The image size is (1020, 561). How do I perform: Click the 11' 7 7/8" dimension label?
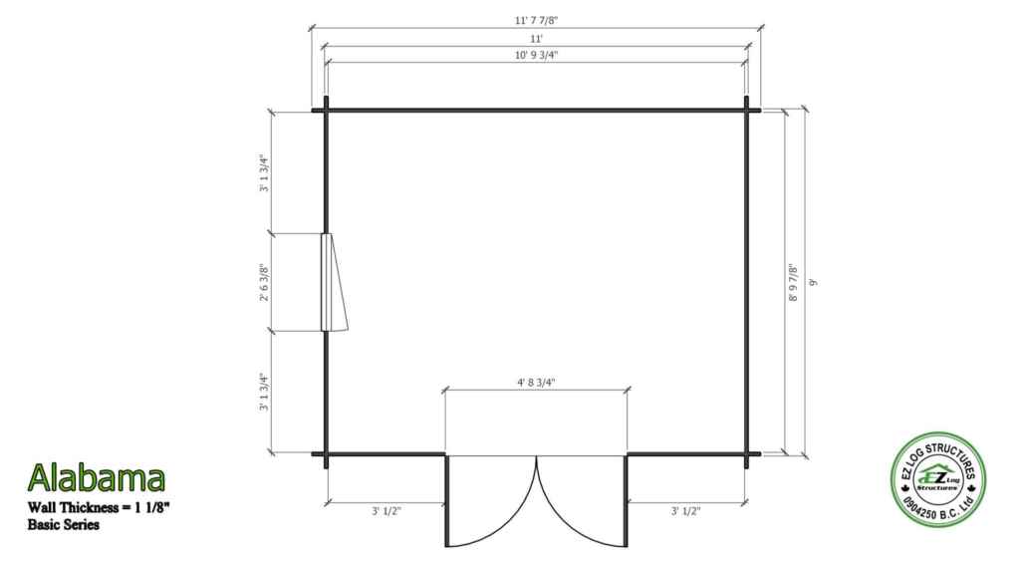pos(536,20)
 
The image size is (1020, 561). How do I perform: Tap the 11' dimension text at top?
pos(536,39)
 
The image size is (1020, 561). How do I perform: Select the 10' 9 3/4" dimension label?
pos(536,55)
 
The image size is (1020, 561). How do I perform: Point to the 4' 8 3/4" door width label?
pos(536,382)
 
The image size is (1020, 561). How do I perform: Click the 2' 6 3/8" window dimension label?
pos(264,282)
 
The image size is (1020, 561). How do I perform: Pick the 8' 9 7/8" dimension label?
pos(792,282)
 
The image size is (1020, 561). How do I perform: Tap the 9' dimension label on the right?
pos(812,282)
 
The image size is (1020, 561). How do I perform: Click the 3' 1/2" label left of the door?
pos(386,511)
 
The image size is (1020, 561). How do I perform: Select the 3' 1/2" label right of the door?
pos(685,511)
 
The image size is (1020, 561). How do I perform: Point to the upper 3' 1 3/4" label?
pos(264,172)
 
